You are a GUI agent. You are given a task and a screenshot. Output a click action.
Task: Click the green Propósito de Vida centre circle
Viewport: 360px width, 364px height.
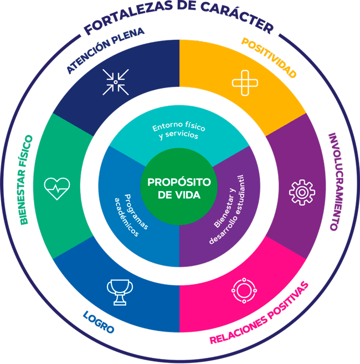pyautogui.click(x=179, y=187)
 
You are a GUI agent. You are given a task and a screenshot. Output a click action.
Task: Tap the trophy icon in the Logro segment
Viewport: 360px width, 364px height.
pyautogui.click(x=120, y=292)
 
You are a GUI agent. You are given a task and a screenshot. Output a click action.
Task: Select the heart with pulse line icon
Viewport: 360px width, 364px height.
pyautogui.click(x=57, y=188)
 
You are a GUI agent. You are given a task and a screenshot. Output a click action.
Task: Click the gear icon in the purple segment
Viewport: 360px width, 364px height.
pyautogui.click(x=302, y=192)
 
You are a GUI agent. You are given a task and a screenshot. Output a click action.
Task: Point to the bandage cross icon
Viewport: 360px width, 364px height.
pyautogui.click(x=245, y=83)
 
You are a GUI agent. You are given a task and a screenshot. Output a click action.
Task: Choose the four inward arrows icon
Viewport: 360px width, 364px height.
pyautogui.click(x=116, y=82)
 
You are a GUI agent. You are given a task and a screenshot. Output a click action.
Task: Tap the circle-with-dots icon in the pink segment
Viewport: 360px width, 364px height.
pyautogui.click(x=244, y=290)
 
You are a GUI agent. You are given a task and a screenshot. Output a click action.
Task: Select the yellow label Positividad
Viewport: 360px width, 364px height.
pyautogui.click(x=269, y=58)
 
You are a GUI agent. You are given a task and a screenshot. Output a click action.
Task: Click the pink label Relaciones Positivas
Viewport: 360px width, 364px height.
pyautogui.click(x=259, y=313)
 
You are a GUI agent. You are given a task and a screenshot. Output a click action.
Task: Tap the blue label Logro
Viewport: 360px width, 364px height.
pyautogui.click(x=99, y=322)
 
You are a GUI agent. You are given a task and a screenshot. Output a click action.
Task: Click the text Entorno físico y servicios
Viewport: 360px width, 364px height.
pyautogui.click(x=179, y=130)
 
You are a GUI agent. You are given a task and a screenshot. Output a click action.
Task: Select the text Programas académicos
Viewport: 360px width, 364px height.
pyautogui.click(x=131, y=215)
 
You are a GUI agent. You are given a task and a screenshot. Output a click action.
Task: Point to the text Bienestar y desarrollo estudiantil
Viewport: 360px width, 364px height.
pyautogui.click(x=227, y=209)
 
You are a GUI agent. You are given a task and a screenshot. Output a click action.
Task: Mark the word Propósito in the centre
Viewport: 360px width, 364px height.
pyautogui.click(x=179, y=182)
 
